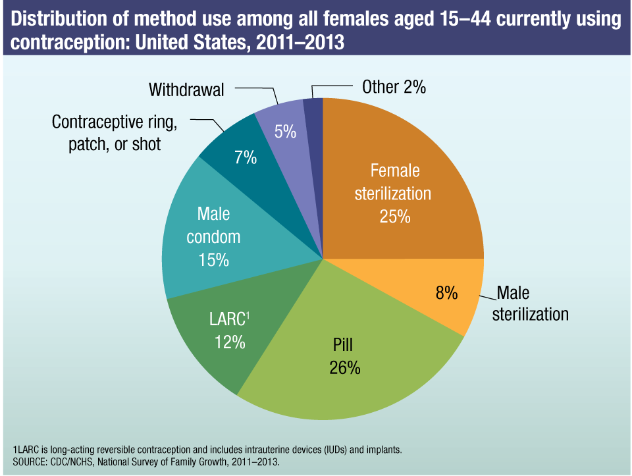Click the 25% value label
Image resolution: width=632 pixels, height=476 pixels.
coord(395,216)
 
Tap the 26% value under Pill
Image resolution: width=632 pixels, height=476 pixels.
coord(345,367)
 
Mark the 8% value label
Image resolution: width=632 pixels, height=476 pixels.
coord(446,293)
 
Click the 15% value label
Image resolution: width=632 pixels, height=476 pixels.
coord(213,259)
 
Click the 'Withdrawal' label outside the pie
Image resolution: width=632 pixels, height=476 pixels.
coord(186,89)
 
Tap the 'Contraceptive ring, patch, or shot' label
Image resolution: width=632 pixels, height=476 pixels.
coord(115,134)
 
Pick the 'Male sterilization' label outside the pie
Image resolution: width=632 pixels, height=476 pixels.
coord(532,303)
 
